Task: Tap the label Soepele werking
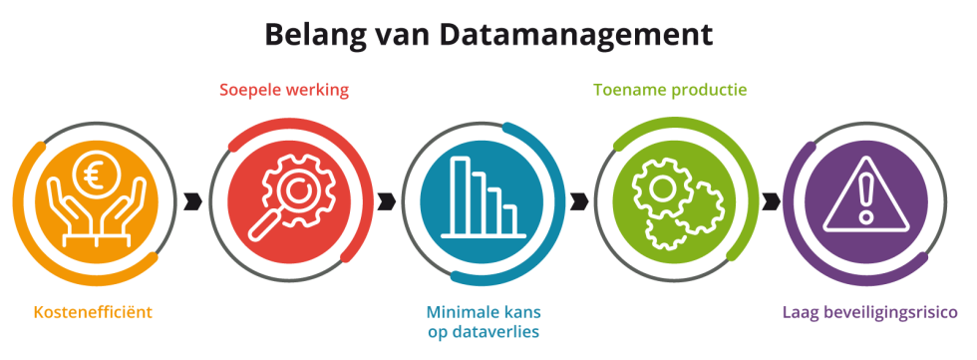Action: [x=284, y=91]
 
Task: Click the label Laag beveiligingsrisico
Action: [x=869, y=312]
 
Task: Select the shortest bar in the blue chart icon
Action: [x=509, y=218]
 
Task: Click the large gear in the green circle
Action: [x=661, y=189]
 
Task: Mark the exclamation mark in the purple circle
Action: [x=865, y=194]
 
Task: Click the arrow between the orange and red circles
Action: [x=193, y=200]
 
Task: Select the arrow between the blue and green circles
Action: [x=578, y=200]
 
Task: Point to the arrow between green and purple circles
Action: [x=770, y=200]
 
